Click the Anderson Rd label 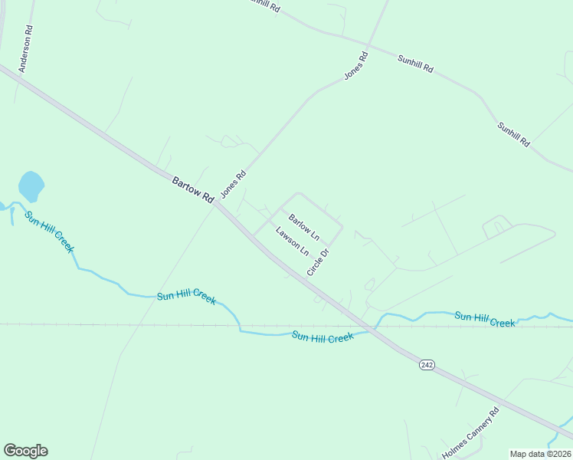(26, 51)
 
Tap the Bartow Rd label (192, 189)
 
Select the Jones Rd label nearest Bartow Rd (233, 184)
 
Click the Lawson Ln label (292, 240)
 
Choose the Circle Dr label (318, 261)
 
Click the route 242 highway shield (427, 366)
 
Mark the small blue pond (31, 186)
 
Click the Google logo (25, 451)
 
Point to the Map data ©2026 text (540, 453)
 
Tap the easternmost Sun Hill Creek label (485, 319)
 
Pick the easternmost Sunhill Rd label (513, 134)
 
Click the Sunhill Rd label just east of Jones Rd (415, 64)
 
